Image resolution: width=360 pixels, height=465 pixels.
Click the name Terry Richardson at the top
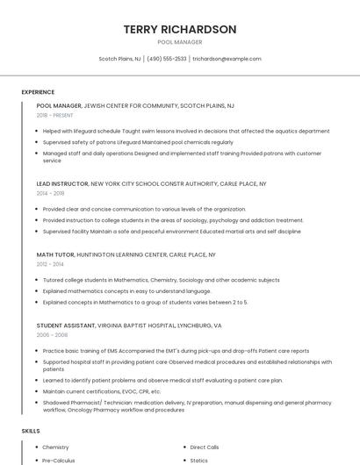(x=180, y=30)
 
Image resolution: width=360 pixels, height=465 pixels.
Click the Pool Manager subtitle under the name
(x=180, y=42)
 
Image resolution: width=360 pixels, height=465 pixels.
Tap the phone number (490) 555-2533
(x=167, y=59)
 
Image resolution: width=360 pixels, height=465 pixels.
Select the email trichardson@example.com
(x=227, y=59)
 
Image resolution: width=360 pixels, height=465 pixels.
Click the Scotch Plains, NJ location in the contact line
(x=119, y=59)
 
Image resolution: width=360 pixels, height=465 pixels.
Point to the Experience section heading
(x=38, y=92)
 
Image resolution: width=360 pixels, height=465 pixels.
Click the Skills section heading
(x=31, y=432)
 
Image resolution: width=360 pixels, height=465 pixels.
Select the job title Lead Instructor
(x=62, y=184)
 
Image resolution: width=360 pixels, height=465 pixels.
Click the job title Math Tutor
(x=54, y=254)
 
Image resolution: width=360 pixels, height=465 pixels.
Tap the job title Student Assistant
(x=66, y=325)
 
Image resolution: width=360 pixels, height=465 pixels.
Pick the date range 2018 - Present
(x=55, y=115)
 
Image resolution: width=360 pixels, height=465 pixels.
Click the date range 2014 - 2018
(x=51, y=193)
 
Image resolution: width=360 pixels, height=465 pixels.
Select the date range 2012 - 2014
(x=50, y=263)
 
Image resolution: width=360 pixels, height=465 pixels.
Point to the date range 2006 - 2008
(x=52, y=334)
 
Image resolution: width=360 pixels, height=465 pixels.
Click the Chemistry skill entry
(x=55, y=447)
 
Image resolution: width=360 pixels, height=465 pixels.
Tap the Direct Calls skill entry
(x=205, y=447)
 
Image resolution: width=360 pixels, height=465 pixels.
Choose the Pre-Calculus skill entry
(x=59, y=460)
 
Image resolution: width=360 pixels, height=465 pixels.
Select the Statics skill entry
(x=198, y=460)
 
